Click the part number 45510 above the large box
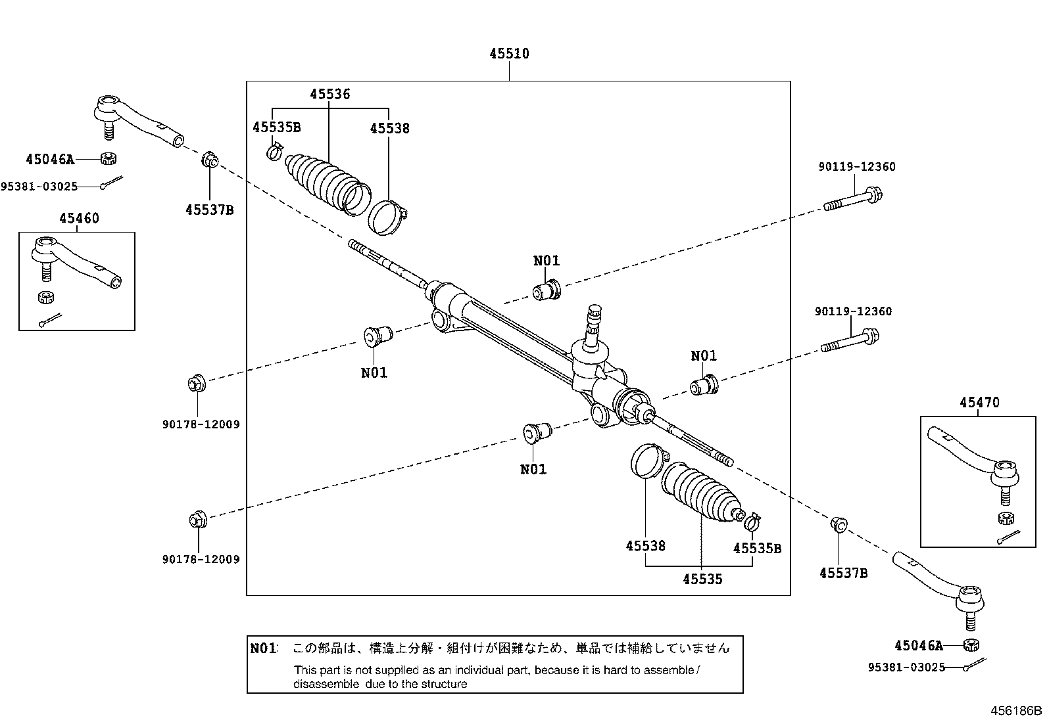pyautogui.click(x=509, y=54)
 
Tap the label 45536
pyautogui.click(x=330, y=94)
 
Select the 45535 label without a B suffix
pyautogui.click(x=702, y=579)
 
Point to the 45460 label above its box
pyautogui.click(x=79, y=218)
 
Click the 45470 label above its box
pyautogui.click(x=979, y=402)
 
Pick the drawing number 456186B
pyautogui.click(x=1017, y=711)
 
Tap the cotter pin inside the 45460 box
pyautogui.click(x=49, y=319)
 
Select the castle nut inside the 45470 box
pyautogui.click(x=1004, y=517)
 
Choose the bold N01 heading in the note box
pyautogui.click(x=263, y=648)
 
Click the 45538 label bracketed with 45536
pyautogui.click(x=389, y=128)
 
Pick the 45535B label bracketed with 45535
pyautogui.click(x=757, y=548)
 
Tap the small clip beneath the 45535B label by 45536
pyautogui.click(x=275, y=152)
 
